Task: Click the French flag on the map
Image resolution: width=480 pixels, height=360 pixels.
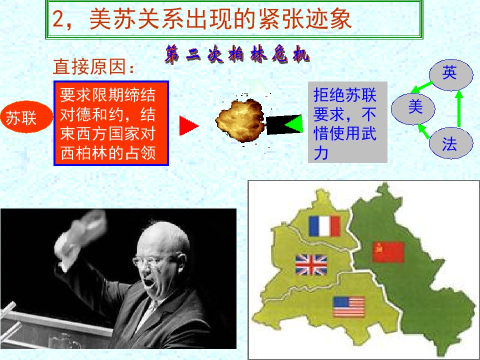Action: (324, 225)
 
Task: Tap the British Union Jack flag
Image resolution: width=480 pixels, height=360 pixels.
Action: (310, 265)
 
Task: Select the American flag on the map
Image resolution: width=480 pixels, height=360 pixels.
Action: (348, 306)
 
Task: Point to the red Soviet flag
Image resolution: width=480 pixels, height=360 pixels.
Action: (388, 252)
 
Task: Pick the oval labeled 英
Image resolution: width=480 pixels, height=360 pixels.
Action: (449, 73)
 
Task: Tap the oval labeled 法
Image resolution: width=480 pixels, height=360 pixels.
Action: (449, 144)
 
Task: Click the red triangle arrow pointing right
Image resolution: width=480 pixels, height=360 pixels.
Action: (188, 125)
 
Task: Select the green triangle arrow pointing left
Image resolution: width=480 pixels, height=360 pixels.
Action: (293, 123)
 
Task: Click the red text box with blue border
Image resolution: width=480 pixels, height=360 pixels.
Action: (111, 123)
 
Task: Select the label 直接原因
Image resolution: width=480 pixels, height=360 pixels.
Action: (94, 66)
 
